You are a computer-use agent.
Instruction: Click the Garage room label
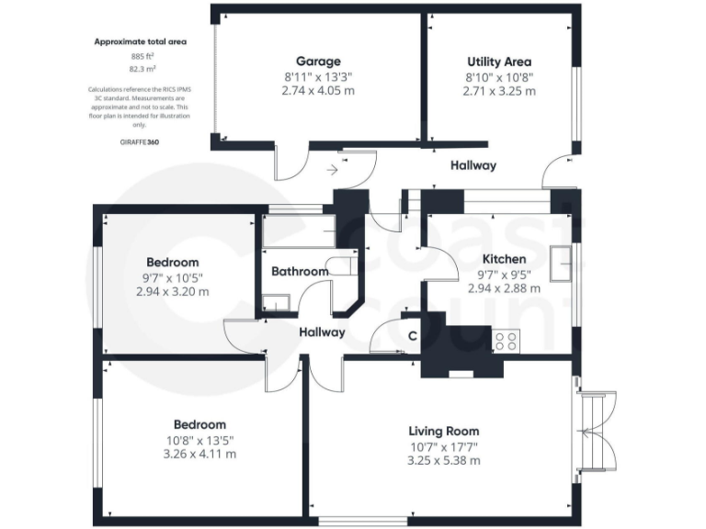[318, 62]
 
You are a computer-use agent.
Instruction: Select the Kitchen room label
[504, 259]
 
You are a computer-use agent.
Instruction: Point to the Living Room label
[443, 431]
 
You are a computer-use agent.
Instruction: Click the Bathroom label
[300, 272]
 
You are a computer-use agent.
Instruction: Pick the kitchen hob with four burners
[507, 341]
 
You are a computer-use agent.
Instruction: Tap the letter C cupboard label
[412, 336]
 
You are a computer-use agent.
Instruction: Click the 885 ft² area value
[142, 56]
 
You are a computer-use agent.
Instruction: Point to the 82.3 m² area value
[142, 68]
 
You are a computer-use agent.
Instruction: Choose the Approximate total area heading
[141, 41]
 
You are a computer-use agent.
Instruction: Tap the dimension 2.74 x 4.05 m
[318, 91]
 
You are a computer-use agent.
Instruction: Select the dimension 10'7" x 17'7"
[443, 446]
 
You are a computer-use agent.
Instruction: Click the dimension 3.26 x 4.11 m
[199, 454]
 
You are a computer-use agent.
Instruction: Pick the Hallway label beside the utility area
[473, 165]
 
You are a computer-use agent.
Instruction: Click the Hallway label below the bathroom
[322, 332]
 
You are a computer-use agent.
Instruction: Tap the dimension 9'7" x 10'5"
[173, 276]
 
